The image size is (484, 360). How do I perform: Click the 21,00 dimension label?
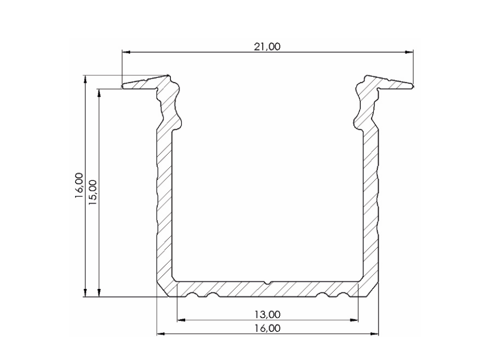(267, 46)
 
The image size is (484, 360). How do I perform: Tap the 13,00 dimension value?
(267, 314)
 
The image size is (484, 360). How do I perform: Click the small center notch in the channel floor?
(268, 283)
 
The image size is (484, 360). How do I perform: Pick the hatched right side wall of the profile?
(372, 201)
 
